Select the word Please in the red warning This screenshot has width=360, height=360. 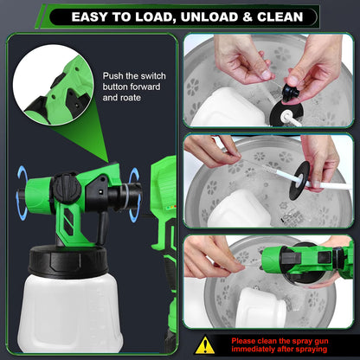[247, 340]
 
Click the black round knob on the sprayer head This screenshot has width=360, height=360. [65, 185]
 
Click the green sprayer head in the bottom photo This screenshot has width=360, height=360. [295, 258]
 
